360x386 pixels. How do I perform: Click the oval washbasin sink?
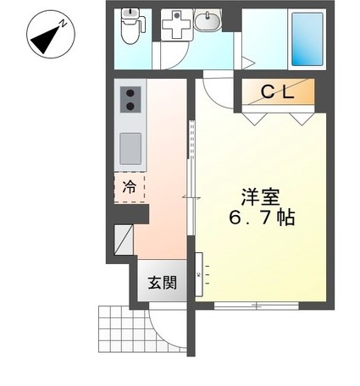click(208, 21)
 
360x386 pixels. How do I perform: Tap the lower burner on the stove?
click(132, 106)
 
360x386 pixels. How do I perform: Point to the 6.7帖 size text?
click(261, 218)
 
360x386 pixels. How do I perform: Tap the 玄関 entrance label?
click(163, 283)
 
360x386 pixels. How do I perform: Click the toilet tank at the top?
click(130, 14)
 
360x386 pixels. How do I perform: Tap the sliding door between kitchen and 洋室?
click(192, 195)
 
